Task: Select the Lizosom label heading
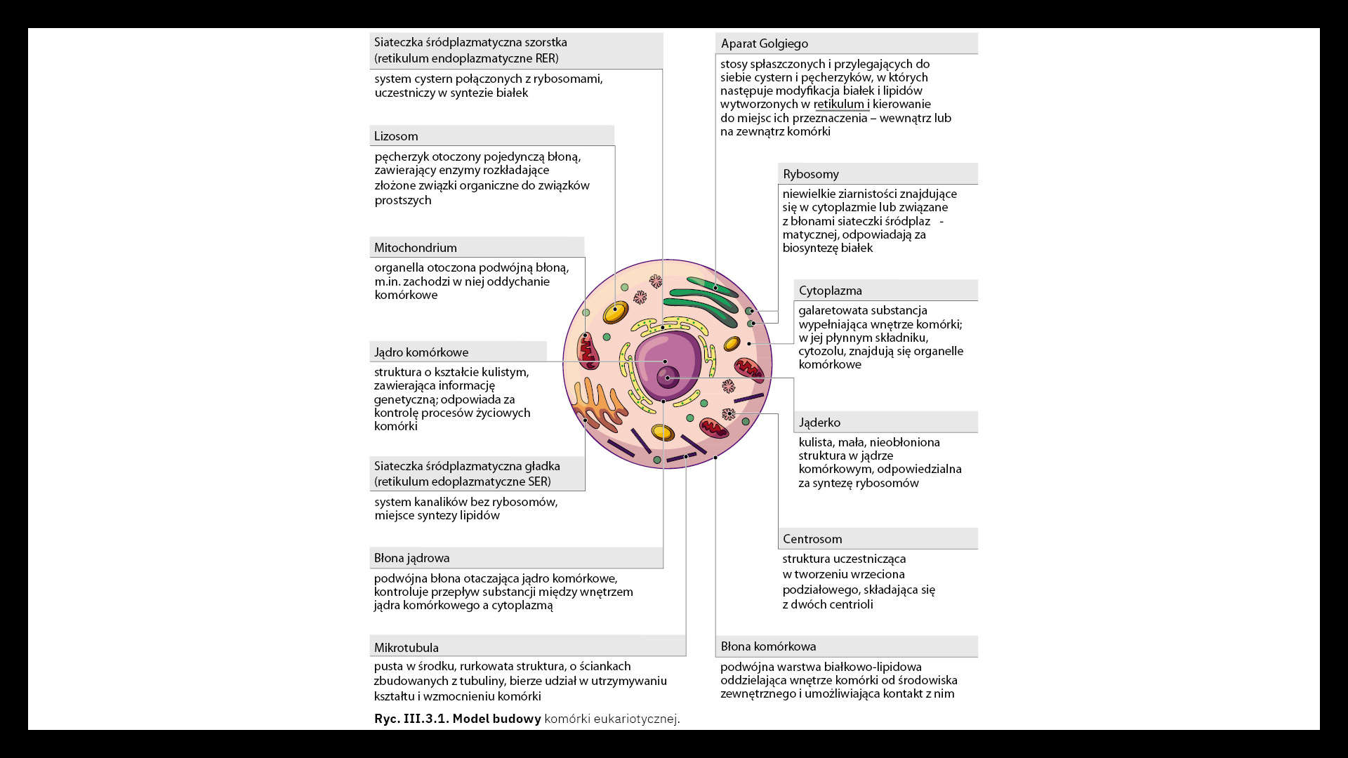tap(396, 136)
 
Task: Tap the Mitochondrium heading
tap(415, 248)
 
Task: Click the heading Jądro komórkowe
tap(421, 352)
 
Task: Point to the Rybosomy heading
tap(811, 174)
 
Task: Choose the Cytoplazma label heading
tap(830, 291)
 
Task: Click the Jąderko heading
tap(819, 423)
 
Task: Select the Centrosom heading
tap(812, 539)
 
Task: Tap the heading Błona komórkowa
tap(768, 646)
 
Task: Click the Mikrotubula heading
tap(406, 648)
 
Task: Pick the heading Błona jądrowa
tap(411, 558)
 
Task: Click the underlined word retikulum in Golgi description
tap(838, 104)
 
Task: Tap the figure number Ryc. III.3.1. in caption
tap(411, 719)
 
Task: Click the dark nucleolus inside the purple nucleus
tap(667, 378)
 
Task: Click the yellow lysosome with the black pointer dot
tap(616, 311)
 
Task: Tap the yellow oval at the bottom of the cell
tap(663, 432)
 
